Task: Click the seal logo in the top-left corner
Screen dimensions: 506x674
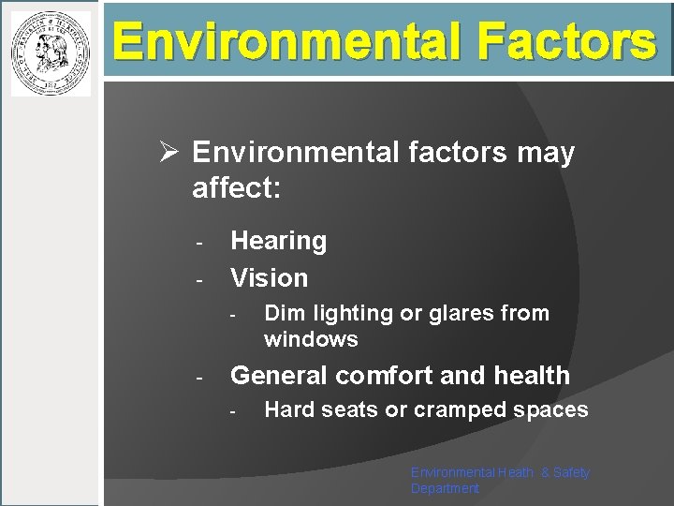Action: tap(51, 53)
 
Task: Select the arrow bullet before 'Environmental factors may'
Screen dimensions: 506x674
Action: tap(168, 153)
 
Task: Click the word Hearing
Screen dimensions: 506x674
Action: tap(279, 241)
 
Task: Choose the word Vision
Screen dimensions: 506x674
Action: tap(270, 277)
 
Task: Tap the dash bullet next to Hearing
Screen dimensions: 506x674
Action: tap(199, 243)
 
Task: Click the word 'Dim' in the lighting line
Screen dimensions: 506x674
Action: tap(283, 313)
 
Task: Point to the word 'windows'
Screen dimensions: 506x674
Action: tap(311, 338)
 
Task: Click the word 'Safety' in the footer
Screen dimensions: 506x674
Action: tap(571, 472)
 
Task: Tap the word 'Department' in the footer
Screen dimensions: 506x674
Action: tap(445, 488)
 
